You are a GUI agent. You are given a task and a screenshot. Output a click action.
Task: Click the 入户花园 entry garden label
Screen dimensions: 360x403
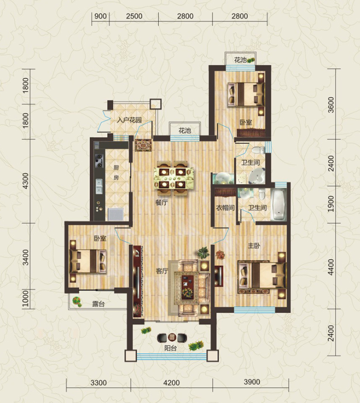(129, 120)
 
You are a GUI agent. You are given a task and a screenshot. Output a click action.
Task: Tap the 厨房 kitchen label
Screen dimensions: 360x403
(116, 172)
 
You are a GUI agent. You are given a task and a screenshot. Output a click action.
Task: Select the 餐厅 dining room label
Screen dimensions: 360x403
(162, 203)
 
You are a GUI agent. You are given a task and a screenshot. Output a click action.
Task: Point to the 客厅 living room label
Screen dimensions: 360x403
(162, 271)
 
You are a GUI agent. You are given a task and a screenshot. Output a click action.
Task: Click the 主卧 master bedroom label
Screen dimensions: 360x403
(254, 246)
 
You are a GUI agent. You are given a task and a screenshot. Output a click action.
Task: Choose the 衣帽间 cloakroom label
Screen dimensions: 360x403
(225, 207)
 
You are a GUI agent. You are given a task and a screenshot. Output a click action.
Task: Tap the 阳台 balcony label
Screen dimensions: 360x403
(170, 348)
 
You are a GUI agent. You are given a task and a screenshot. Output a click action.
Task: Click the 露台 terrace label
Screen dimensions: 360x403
(98, 304)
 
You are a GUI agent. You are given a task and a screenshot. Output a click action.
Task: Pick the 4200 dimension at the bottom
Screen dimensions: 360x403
(172, 383)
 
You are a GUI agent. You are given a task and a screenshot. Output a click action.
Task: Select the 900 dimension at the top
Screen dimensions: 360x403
(100, 16)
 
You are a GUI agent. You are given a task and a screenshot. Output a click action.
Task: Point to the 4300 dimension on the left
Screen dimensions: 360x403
(26, 181)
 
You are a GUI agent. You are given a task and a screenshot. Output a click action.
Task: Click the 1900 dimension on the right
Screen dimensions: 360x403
(331, 203)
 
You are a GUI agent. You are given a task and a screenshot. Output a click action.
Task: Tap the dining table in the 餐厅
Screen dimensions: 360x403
(174, 178)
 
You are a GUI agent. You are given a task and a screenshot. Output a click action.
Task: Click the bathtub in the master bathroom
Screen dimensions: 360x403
(278, 205)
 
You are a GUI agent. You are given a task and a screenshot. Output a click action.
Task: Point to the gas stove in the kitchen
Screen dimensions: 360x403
(99, 160)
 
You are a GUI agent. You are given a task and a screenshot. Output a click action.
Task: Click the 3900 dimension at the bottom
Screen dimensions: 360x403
(252, 382)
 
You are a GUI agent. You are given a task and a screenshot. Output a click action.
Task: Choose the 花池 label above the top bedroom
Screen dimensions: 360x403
(240, 60)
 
